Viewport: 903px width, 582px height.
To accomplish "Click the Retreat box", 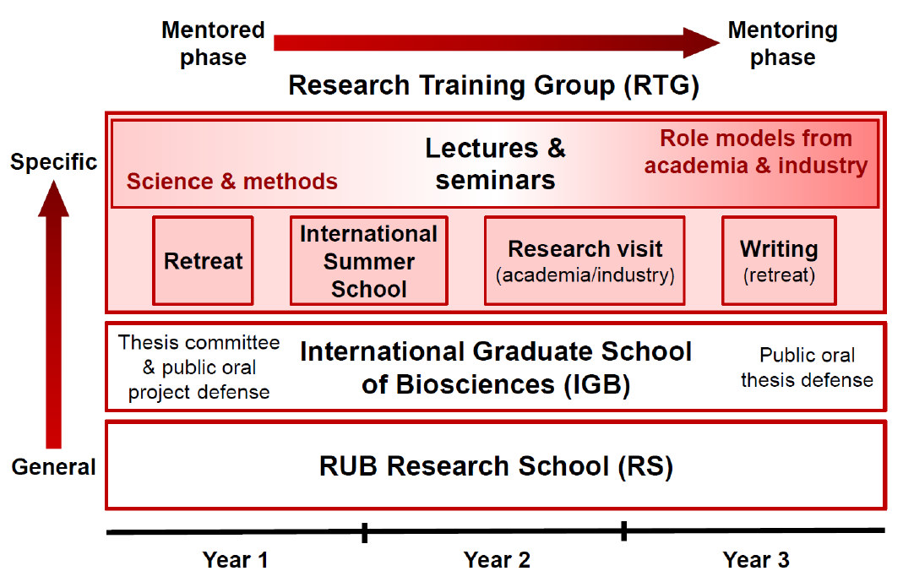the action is coord(203,261).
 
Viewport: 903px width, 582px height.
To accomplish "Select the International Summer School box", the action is coord(368,261).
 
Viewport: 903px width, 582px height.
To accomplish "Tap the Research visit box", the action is coord(585,261).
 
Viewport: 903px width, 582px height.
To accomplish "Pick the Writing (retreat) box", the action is coord(779,261).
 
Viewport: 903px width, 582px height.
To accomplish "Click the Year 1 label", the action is coord(235,559).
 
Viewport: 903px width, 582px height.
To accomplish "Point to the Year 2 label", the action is coord(497,559).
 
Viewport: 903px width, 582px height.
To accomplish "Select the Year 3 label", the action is coord(756,559).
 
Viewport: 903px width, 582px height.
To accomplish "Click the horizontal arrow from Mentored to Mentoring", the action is coord(497,42).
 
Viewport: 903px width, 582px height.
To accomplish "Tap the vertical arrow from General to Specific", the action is coord(53,314).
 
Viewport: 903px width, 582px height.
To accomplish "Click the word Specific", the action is coord(53,162).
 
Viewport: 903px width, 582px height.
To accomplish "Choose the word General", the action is coord(53,467).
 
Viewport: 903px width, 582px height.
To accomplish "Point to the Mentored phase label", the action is coord(213,44).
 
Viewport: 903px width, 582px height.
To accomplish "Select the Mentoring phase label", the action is coord(783,44).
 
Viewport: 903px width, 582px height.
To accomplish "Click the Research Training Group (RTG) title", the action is coord(493,85).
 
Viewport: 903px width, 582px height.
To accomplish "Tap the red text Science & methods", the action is coord(232,182).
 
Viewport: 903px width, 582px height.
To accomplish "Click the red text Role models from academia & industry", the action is coord(755,152).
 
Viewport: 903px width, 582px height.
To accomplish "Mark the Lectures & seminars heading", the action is coord(495,164).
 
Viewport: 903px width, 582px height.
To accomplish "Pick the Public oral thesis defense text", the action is coord(807,367).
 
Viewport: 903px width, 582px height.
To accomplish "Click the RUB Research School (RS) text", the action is coord(496,466).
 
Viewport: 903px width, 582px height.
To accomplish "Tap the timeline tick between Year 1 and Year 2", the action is coord(365,532).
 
